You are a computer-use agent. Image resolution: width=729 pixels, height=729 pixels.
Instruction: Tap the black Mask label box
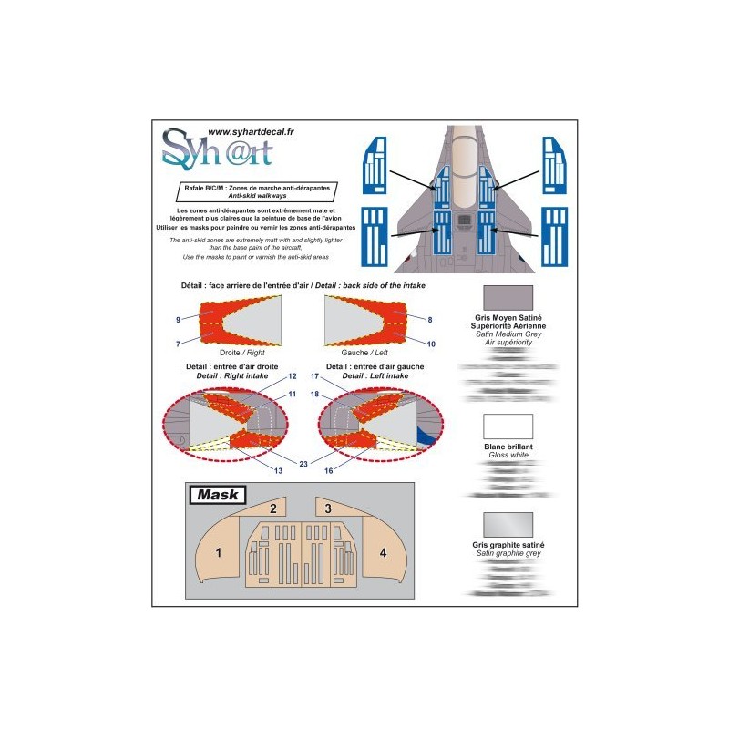pos(215,495)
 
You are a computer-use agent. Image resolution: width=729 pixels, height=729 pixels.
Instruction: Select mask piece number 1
pos(219,552)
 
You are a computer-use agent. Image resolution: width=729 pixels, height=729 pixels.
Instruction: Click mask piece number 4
pos(383,552)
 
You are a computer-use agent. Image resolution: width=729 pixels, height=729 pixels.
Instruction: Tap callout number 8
pos(429,319)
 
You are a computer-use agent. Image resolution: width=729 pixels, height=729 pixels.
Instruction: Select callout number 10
pos(431,344)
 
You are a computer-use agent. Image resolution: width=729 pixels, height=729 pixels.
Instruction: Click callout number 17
pos(314,376)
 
